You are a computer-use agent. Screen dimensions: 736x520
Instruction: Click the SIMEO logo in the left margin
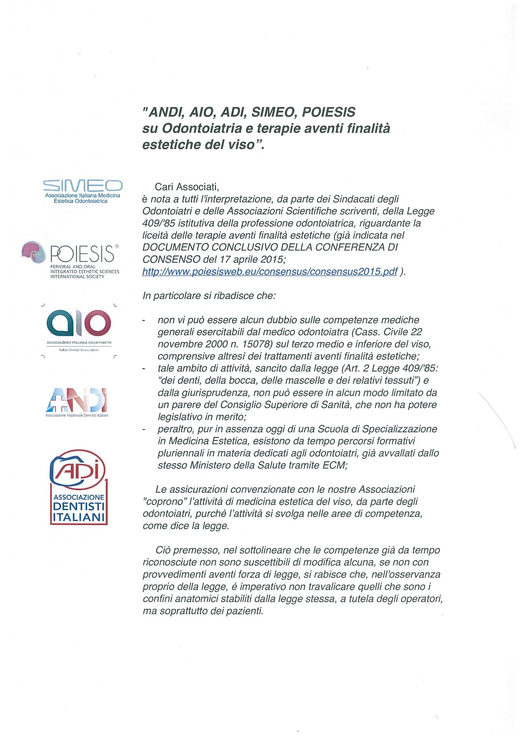pyautogui.click(x=83, y=191)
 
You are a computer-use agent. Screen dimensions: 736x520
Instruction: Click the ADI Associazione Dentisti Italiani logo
pyautogui.click(x=79, y=491)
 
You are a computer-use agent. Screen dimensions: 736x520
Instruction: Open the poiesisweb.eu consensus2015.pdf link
pyautogui.click(x=270, y=272)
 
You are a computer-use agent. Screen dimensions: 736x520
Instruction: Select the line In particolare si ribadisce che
pyautogui.click(x=209, y=296)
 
